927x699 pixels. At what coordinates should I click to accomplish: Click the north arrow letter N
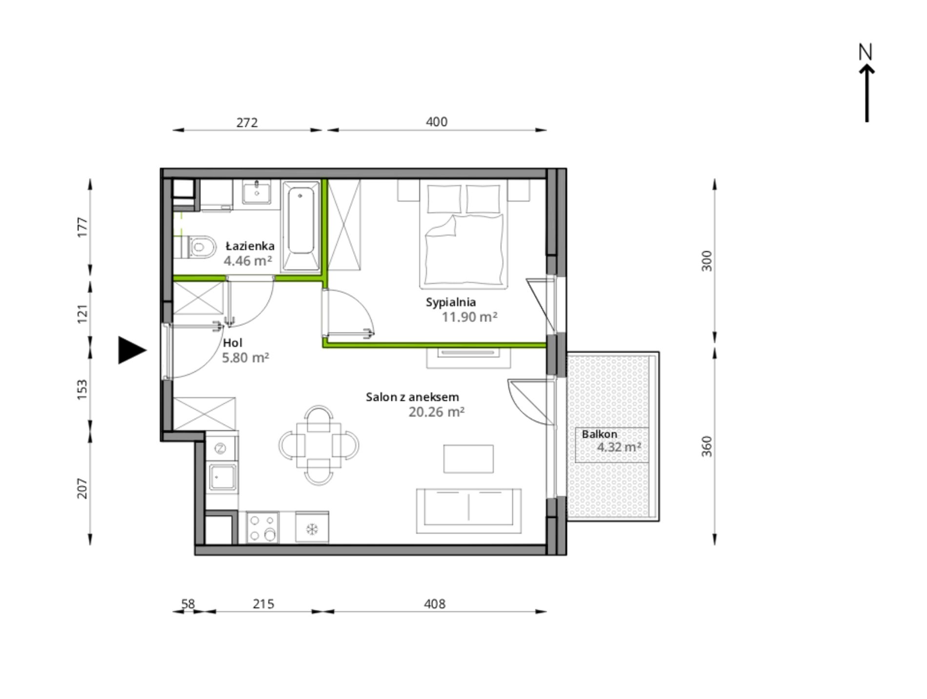[x=866, y=52]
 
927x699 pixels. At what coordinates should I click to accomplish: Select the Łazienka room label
[x=250, y=246]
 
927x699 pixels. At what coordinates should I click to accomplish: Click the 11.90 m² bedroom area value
[x=469, y=317]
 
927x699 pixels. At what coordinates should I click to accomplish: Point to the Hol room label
[x=232, y=343]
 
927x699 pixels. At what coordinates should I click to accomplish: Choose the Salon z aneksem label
[x=412, y=397]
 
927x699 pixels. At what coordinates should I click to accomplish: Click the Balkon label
[x=599, y=434]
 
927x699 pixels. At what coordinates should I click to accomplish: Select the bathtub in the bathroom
[x=301, y=225]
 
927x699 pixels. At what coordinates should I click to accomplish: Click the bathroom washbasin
[x=257, y=192]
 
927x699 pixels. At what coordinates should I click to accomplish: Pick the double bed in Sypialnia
[x=463, y=234]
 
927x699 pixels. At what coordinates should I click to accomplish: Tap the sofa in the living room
[x=468, y=511]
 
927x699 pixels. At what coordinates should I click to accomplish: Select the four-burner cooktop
[x=262, y=527]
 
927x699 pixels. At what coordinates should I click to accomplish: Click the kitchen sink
[x=222, y=477]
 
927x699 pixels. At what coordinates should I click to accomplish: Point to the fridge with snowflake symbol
[x=312, y=527]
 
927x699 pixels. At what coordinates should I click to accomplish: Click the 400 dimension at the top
[x=436, y=122]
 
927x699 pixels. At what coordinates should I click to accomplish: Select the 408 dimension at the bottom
[x=434, y=604]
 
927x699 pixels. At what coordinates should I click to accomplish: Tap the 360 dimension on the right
[x=706, y=446]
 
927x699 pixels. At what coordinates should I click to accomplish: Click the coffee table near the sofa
[x=468, y=459]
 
